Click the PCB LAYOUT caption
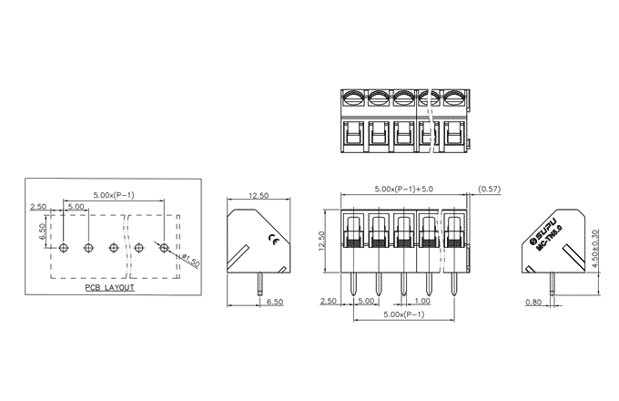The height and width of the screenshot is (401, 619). coord(110,288)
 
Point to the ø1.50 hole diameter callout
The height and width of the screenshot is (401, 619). coord(191,261)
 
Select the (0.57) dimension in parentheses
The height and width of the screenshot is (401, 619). coord(489,189)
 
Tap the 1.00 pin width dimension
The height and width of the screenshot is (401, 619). coord(422,301)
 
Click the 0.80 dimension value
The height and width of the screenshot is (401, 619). coord(533,303)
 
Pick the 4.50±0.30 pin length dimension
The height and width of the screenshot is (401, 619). coord(595,249)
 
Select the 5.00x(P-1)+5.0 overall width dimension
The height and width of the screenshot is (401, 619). coord(403,189)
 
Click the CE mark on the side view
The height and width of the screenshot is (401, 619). coord(272,238)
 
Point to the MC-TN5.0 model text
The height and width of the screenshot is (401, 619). coord(550,237)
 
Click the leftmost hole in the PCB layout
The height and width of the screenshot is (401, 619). coord(63,248)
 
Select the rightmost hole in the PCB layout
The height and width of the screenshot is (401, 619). coord(164,248)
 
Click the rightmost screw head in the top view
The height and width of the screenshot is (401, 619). coord(453,98)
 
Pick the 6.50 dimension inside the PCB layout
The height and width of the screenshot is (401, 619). coord(42,231)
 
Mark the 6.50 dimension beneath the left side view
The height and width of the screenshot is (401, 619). coord(275,302)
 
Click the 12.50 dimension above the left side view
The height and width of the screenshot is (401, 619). coord(259,196)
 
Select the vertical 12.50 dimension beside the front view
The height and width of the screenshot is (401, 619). coord(321,241)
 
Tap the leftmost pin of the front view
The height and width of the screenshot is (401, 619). coord(353,284)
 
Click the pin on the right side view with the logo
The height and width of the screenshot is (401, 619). coord(552,283)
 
